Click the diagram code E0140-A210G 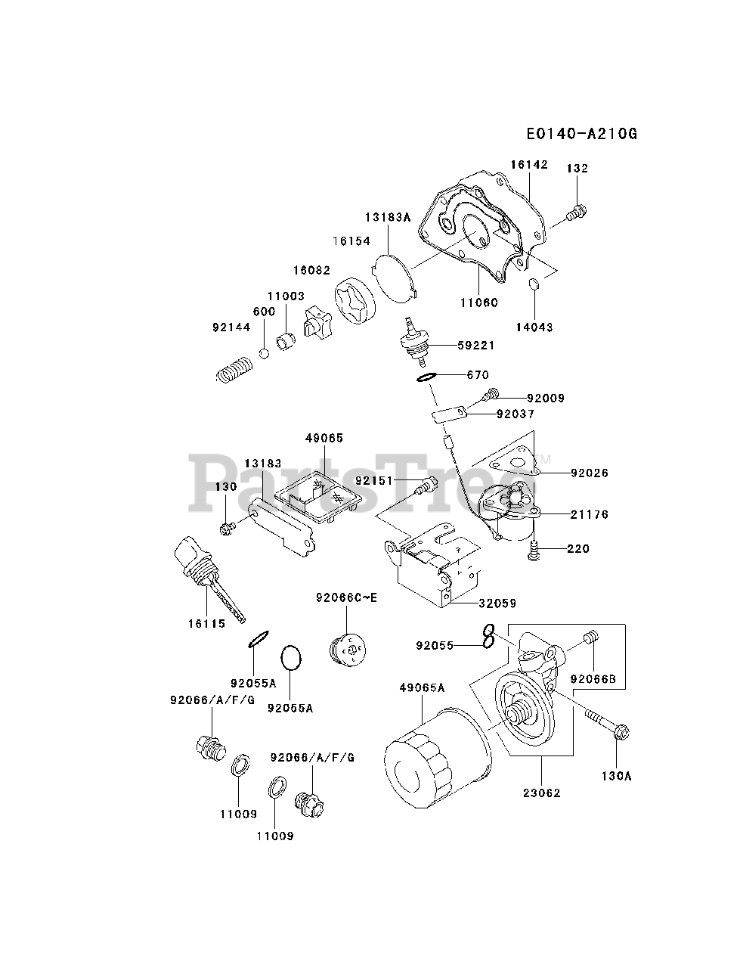[582, 133]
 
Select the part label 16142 [529, 165]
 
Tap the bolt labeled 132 [577, 212]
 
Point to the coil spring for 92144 [234, 369]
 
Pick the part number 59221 [476, 346]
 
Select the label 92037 [516, 414]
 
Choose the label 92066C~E [346, 597]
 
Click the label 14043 [534, 327]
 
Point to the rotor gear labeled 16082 [355, 301]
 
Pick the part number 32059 [497, 603]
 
